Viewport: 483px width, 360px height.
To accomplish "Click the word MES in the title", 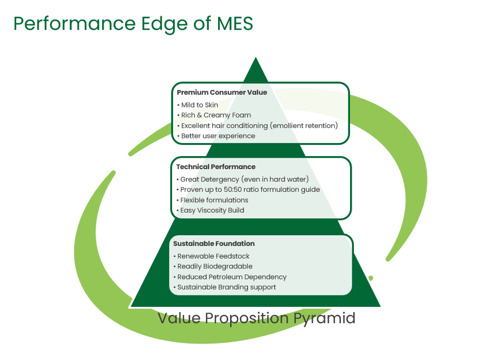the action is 235,23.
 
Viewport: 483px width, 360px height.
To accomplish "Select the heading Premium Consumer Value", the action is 222,92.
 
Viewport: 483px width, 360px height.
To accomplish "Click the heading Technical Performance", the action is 215,167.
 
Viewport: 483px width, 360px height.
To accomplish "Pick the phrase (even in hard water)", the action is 275,179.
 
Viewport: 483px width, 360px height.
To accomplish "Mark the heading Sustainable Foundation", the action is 214,243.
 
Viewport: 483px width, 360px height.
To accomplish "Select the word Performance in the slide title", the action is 74,24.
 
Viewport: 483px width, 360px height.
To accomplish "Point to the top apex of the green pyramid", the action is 256,57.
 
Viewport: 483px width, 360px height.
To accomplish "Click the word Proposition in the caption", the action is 247,319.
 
